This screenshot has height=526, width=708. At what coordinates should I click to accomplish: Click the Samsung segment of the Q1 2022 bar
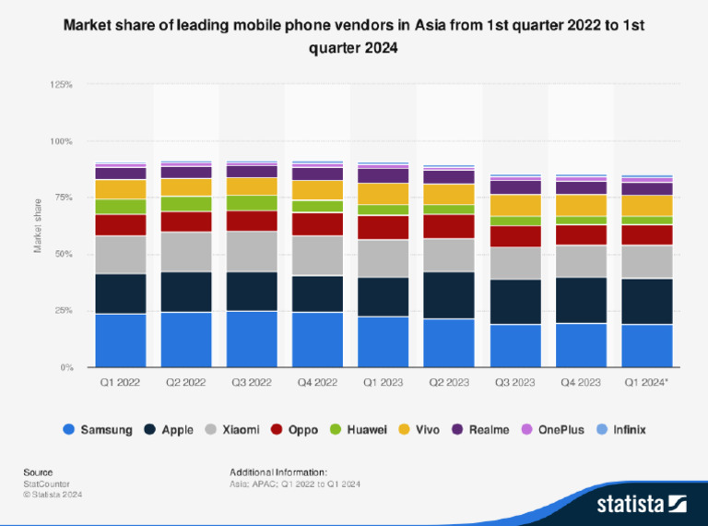[120, 341]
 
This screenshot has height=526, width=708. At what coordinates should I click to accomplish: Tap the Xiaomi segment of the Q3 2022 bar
[252, 251]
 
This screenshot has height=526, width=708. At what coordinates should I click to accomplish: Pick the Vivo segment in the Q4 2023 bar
[580, 205]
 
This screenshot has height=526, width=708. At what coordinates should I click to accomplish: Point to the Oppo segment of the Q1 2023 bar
[383, 227]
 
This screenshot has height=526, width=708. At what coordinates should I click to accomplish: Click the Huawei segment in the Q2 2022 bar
[185, 203]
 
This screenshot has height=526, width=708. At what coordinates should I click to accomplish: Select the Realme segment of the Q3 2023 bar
[513, 186]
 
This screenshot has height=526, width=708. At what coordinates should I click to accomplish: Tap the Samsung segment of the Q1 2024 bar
[645, 345]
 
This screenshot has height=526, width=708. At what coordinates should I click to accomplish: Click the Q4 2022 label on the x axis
[317, 381]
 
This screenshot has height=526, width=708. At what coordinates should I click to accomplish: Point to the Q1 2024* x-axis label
[646, 381]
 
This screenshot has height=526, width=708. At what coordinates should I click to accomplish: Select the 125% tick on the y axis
[61, 84]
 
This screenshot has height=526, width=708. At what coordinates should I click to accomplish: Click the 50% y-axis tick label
[64, 254]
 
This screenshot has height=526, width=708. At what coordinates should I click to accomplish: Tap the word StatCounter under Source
[46, 484]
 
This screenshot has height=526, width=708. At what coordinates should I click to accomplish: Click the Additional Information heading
[277, 472]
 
